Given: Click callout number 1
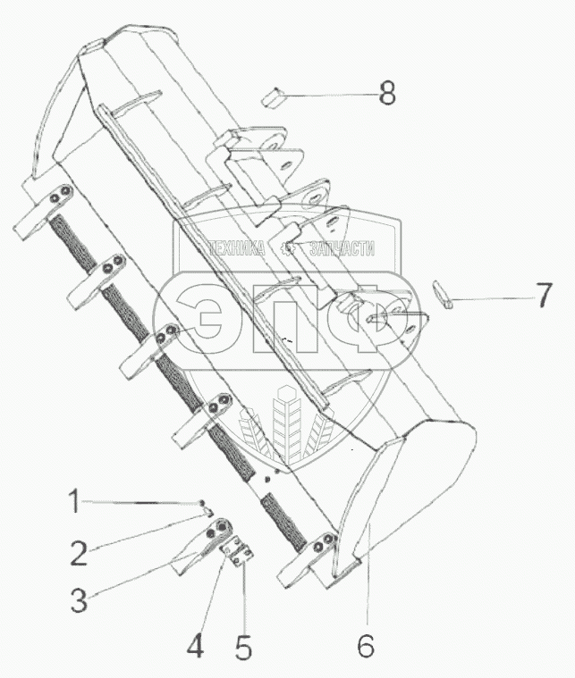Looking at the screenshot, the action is tap(75, 501).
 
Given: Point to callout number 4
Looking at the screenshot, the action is tap(195, 646).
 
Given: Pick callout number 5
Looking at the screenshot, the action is tap(243, 646).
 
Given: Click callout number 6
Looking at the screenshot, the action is tap(366, 646).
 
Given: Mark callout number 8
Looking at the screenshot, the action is tap(387, 93).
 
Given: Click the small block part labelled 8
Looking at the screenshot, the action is tap(272, 97).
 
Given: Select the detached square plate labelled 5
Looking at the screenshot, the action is tap(237, 550).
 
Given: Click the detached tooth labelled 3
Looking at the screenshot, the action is tap(203, 546).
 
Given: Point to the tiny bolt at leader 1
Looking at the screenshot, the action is tap(202, 502).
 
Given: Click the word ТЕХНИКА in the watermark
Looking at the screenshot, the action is tap(237, 248).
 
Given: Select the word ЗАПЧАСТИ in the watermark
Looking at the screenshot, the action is tap(342, 248).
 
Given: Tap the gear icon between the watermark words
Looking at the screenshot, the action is tap(287, 248).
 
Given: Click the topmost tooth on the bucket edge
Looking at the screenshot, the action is tap(43, 211).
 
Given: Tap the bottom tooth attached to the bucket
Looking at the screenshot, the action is tap(309, 560).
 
